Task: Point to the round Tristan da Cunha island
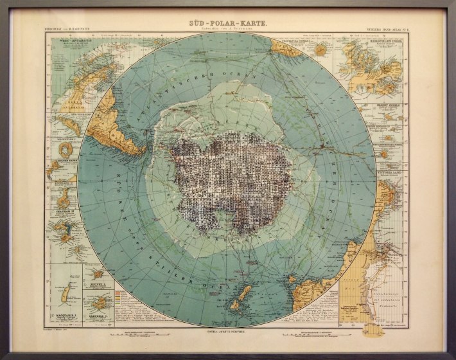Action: [283, 48]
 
